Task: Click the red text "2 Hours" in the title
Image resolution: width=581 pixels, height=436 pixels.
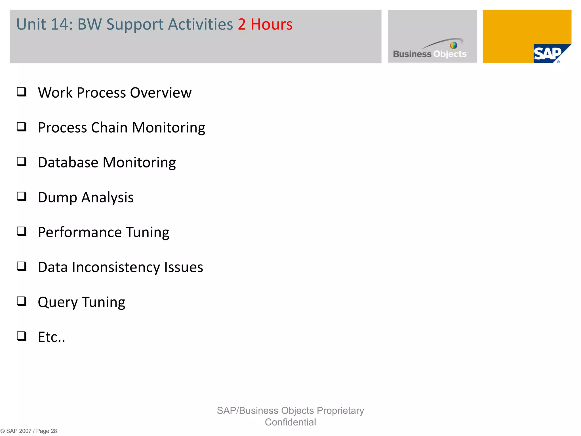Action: [265, 24]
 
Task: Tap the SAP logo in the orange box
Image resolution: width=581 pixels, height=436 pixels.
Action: [548, 54]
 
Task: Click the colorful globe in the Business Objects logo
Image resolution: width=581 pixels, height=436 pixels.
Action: [453, 45]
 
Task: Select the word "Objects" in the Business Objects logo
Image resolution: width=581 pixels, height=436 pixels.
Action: [450, 54]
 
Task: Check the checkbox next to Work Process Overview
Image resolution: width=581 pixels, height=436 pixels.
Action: [22, 92]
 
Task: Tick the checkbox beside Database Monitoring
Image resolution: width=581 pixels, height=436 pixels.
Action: [22, 162]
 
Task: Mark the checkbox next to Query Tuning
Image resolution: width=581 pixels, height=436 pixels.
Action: [22, 301]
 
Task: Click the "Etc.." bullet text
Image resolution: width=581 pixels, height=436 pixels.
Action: [51, 337]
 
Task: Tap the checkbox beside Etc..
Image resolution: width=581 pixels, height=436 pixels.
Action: [22, 336]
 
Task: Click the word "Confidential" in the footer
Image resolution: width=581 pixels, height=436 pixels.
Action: [290, 422]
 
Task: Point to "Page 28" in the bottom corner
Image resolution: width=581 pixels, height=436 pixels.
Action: [47, 431]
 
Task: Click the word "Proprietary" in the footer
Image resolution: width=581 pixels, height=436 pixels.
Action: [340, 411]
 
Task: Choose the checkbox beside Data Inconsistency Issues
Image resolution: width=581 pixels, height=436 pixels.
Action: [22, 266]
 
